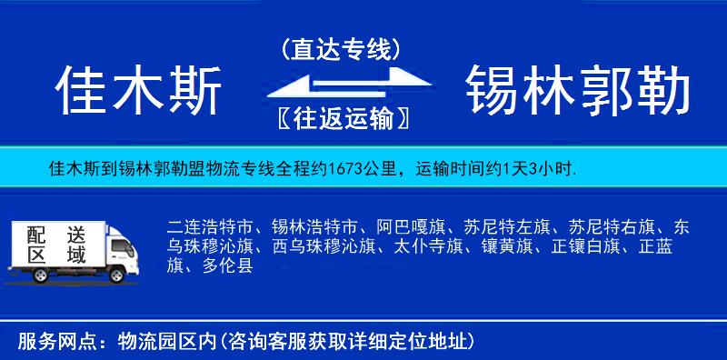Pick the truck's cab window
pyautogui.click(x=117, y=242)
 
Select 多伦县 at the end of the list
pyautogui.click(x=227, y=265)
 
